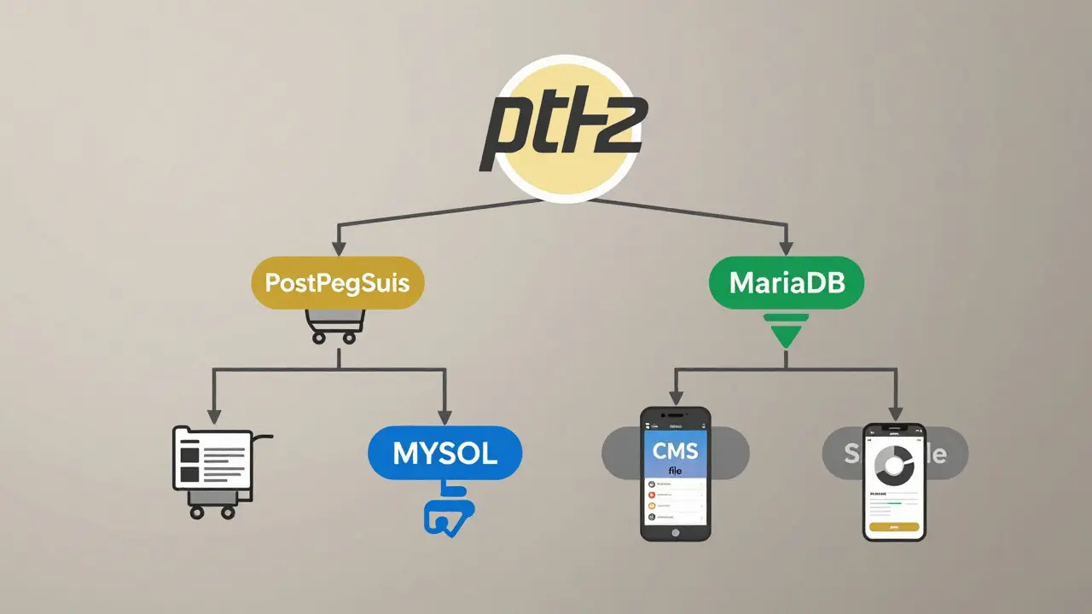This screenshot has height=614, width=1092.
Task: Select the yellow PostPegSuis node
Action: (338, 283)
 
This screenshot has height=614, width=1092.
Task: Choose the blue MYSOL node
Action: (444, 453)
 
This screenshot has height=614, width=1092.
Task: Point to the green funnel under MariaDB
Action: (787, 328)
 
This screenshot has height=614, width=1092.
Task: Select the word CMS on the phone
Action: (676, 449)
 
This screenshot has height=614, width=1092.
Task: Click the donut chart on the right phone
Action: (893, 463)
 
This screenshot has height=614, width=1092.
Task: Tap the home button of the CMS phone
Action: (676, 532)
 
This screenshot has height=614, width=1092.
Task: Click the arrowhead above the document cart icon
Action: (213, 417)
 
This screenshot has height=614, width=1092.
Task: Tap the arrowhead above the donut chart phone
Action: (894, 413)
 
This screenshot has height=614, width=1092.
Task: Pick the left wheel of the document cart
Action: (198, 513)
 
